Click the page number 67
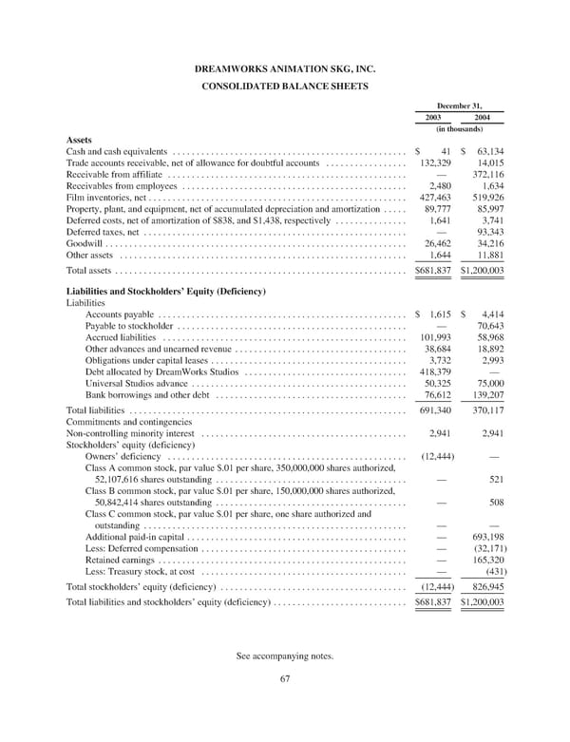coord(285,704)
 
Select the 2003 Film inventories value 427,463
coord(434,197)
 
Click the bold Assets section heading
coord(79,139)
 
